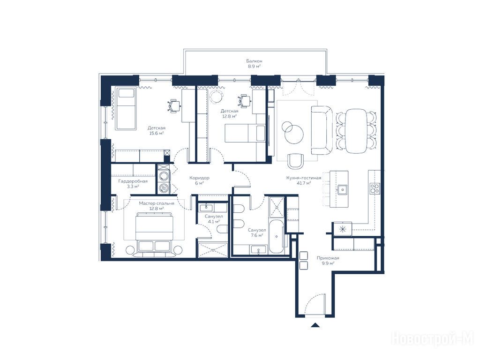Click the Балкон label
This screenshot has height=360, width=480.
(x=254, y=61)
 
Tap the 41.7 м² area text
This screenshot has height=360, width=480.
(x=304, y=183)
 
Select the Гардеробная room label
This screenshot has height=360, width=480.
(x=133, y=181)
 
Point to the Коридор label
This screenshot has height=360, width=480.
(x=199, y=178)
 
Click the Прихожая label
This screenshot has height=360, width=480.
(x=328, y=258)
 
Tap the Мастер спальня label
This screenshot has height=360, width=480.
(x=157, y=203)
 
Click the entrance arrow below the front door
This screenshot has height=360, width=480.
(x=315, y=325)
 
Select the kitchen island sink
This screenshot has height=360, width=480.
(x=342, y=189)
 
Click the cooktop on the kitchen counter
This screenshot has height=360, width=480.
(x=375, y=188)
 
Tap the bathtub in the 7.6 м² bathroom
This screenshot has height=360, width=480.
(x=277, y=236)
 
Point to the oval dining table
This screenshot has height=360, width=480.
(x=356, y=131)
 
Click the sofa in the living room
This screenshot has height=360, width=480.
(x=322, y=130)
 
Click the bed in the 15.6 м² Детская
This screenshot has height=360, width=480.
(x=126, y=108)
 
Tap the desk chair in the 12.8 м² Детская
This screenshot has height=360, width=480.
(x=244, y=101)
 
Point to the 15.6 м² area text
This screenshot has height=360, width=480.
(x=157, y=133)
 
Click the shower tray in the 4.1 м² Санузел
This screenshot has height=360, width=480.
(x=213, y=250)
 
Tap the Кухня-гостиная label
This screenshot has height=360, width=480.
(x=304, y=178)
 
